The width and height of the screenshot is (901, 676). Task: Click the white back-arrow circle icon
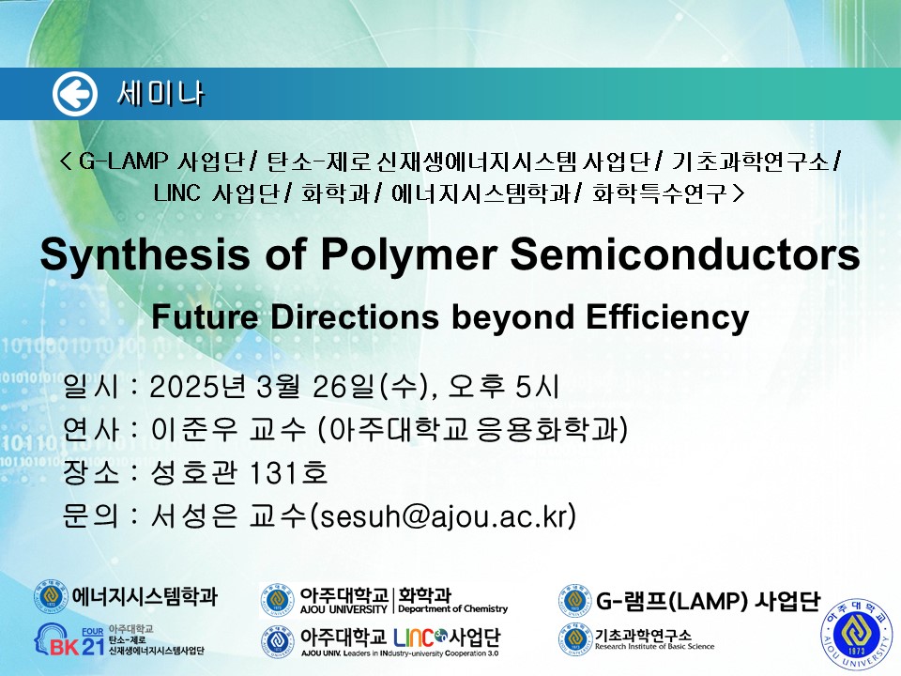tap(75, 94)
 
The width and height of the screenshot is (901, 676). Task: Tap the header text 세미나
tap(160, 94)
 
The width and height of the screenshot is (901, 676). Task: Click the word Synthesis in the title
tap(145, 254)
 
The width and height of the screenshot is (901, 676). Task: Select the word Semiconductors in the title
tap(685, 253)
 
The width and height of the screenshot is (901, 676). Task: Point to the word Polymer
tap(409, 254)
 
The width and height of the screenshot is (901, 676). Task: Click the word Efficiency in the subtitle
tap(667, 317)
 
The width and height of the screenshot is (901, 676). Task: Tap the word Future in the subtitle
tap(206, 316)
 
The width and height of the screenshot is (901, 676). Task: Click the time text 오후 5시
tap(503, 386)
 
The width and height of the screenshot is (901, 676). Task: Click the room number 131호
tap(289, 472)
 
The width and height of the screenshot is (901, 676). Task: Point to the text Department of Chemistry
tap(452, 608)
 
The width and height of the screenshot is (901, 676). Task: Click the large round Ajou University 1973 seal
tap(856, 635)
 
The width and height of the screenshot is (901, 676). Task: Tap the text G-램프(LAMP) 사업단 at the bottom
tap(708, 601)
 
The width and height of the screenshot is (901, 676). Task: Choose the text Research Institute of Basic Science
tap(654, 647)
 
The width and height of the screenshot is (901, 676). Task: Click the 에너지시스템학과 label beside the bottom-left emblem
tap(145, 596)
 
